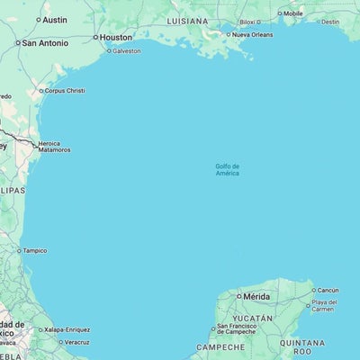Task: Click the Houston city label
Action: tap(115, 37)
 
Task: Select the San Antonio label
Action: tap(45, 42)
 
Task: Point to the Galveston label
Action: tap(125, 50)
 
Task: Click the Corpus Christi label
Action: tap(64, 90)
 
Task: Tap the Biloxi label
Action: tap(247, 21)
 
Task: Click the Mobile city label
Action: tap(293, 13)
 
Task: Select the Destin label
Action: tap(330, 22)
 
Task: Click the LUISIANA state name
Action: tap(186, 19)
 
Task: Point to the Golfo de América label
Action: tap(227, 169)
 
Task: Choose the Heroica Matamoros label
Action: tap(55, 146)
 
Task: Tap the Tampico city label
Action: tap(35, 250)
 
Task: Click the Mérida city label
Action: tap(255, 295)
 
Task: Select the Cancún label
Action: tap(328, 290)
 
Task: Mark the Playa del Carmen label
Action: tap(324, 305)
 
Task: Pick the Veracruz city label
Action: tap(76, 342)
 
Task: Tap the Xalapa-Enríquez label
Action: tap(67, 330)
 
